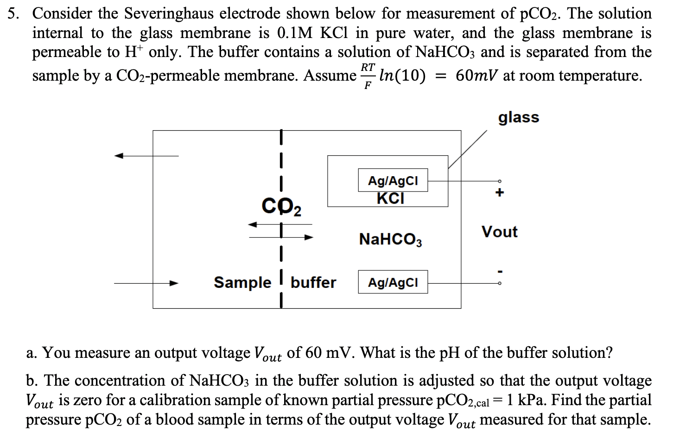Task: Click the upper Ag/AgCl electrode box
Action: point(393,180)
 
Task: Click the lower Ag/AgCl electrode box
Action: point(393,282)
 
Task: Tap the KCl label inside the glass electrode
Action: point(390,198)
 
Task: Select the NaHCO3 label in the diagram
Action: point(390,240)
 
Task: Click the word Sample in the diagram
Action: point(242,282)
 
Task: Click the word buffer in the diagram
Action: point(313,282)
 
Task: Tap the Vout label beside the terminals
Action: point(499,231)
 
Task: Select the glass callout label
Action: point(519,117)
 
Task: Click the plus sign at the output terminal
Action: point(499,192)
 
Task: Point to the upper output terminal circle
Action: point(499,181)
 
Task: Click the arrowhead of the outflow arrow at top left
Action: point(120,156)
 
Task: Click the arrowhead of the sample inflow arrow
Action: point(174,283)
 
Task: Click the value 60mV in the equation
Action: point(477,75)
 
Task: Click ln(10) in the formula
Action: point(402,75)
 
